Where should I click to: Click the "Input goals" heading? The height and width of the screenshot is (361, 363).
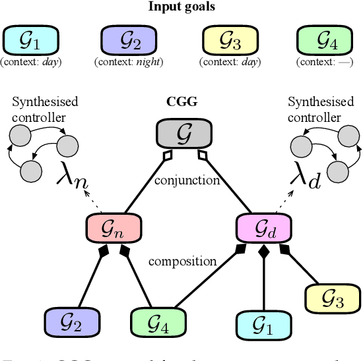[x=181, y=7]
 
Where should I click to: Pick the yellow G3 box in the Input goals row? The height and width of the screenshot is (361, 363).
[x=226, y=42]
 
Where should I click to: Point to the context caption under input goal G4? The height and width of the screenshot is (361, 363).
[x=324, y=63]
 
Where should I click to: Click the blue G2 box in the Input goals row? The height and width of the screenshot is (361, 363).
[x=128, y=42]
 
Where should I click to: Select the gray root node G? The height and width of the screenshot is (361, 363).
[x=182, y=135]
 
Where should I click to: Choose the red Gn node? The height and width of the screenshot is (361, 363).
[x=113, y=227]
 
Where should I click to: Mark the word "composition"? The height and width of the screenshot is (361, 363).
[x=183, y=262]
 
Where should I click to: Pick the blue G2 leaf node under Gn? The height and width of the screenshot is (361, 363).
[x=71, y=321]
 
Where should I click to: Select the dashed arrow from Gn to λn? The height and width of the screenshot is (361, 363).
[x=100, y=203]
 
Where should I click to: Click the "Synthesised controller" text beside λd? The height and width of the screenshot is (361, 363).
[x=314, y=109]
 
